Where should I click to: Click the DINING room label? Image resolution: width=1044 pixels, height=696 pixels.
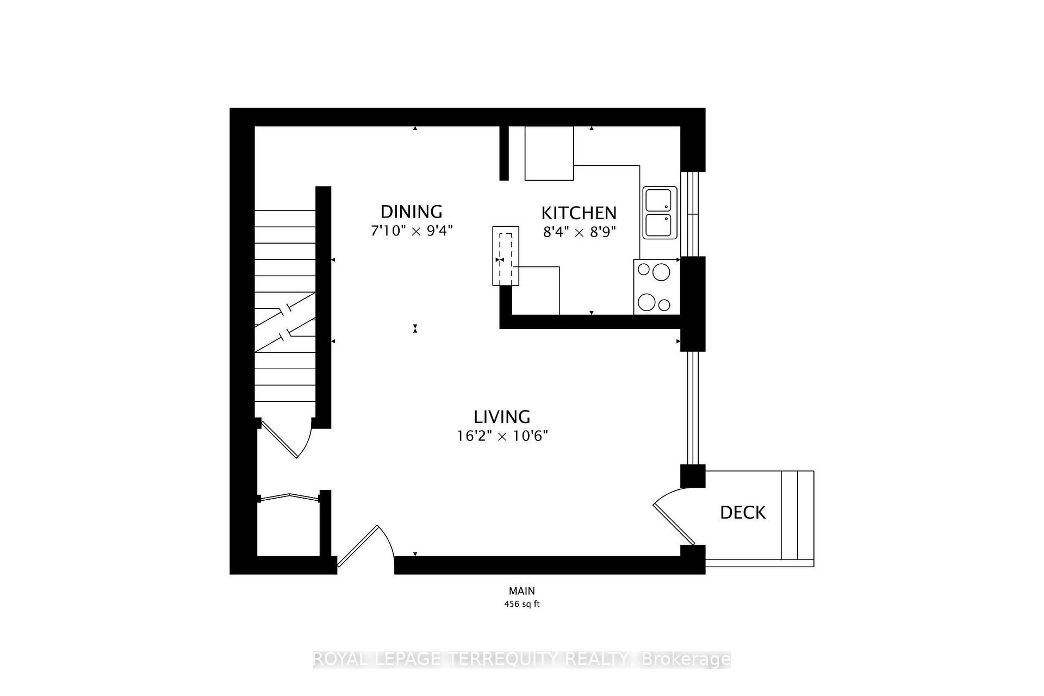(411, 211)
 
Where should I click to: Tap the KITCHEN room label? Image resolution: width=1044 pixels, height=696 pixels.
(579, 213)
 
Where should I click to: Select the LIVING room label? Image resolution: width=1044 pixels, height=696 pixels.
(502, 417)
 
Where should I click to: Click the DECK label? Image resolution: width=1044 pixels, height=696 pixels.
(743, 512)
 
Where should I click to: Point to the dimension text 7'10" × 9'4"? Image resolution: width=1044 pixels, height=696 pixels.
(411, 231)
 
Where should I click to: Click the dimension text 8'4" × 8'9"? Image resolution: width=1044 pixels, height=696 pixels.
(579, 233)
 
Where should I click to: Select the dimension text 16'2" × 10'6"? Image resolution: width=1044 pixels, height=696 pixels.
(502, 436)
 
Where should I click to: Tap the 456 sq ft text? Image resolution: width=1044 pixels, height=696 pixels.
(521, 604)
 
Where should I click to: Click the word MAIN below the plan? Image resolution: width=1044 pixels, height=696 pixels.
(521, 591)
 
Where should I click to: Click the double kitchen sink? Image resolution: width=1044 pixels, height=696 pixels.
(660, 213)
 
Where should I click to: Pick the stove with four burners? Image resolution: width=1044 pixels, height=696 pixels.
(656, 287)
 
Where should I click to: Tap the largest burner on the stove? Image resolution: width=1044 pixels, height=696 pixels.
(661, 271)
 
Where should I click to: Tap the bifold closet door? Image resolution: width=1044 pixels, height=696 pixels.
(289, 496)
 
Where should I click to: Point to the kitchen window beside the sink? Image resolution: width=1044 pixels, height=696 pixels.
(692, 214)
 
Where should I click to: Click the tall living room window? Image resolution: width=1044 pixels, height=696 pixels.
(692, 408)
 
